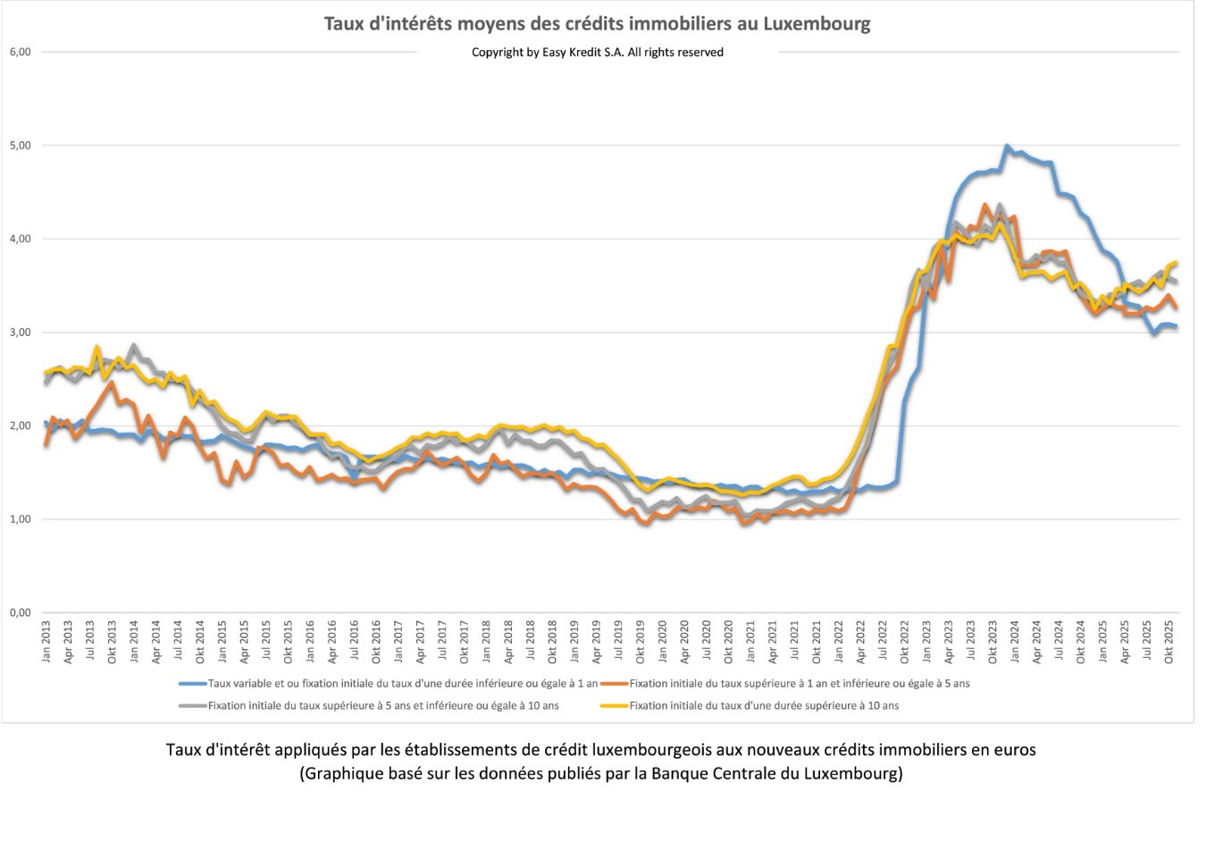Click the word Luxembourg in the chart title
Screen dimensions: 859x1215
coord(817,23)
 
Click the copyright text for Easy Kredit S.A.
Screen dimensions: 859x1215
coord(597,53)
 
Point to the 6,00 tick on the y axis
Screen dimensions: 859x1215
coord(20,52)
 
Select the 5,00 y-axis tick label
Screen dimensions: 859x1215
coord(20,145)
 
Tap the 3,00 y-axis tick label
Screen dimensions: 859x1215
coord(20,333)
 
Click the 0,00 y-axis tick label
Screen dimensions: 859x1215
coord(20,613)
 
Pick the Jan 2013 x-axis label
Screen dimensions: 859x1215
coord(46,642)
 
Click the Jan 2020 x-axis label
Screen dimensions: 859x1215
coord(663,642)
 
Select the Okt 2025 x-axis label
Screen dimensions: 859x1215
coord(1169,642)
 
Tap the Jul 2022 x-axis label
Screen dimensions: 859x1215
coord(883,642)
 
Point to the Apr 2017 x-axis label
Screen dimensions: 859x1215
coord(421,642)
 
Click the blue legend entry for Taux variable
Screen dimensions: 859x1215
coord(402,684)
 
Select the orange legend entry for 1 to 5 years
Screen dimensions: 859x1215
coord(799,684)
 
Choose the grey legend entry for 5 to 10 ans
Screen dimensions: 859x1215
coord(382,706)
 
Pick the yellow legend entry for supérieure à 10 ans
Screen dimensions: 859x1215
coord(763,706)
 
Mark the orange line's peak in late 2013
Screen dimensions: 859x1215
coord(112,383)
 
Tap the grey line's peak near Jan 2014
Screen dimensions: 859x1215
coord(134,345)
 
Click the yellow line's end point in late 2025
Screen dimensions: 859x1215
coord(1177,263)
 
